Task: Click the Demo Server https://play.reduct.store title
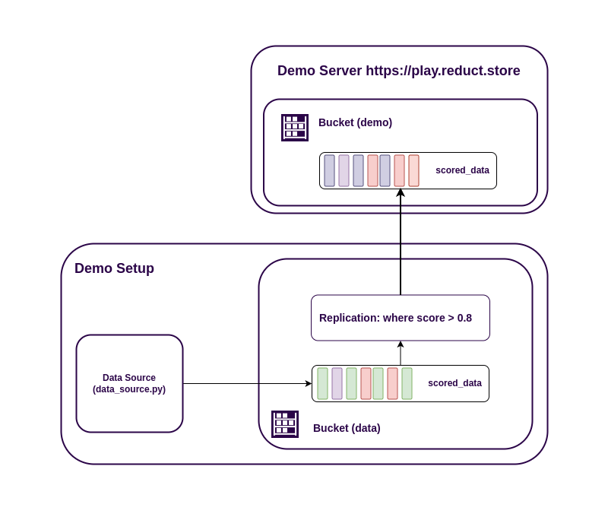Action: (398, 71)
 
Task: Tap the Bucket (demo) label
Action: (355, 122)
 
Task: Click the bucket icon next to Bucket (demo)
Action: (295, 128)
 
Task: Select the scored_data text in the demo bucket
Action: (462, 170)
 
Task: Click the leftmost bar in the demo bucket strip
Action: (329, 170)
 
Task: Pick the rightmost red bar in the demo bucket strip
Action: (413, 170)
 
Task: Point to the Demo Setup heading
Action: (114, 268)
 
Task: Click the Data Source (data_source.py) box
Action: (129, 383)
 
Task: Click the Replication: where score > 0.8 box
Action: (400, 318)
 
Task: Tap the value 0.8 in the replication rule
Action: (464, 318)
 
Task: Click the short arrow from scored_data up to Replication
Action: (401, 354)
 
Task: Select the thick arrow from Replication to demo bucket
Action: (401, 243)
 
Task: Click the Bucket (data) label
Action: (347, 428)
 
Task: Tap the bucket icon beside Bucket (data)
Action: (285, 424)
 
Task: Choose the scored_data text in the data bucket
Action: (454, 383)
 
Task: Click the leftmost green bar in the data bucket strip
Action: (322, 383)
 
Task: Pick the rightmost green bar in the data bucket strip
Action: (407, 383)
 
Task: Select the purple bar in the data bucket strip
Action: (337, 383)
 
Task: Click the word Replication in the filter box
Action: (348, 318)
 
